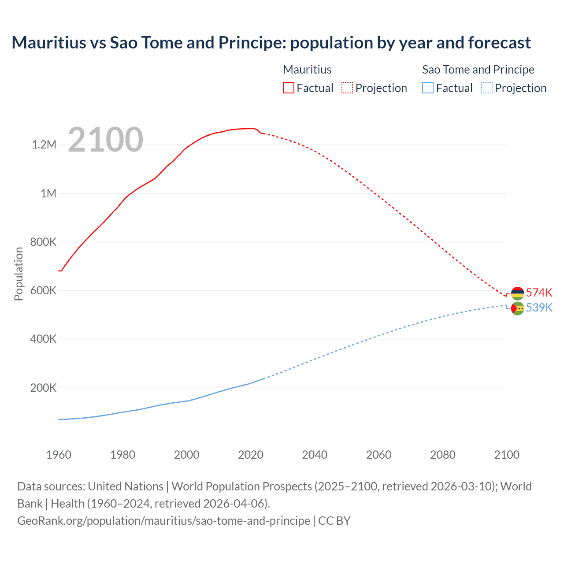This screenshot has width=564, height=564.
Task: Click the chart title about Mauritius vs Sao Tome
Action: point(271,43)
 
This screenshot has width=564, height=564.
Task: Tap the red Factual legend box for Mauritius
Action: point(288,88)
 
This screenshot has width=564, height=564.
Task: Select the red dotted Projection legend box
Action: point(347,88)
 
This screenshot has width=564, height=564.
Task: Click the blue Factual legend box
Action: point(427,88)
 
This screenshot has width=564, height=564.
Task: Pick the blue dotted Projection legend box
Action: point(487,88)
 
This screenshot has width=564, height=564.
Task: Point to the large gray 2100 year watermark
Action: point(105,140)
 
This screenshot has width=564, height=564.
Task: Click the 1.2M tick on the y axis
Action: point(44,145)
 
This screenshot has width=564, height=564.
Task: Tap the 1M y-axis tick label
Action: point(48,193)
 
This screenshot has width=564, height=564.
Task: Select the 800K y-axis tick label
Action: point(43,242)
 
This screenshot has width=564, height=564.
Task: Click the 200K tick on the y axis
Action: point(43,388)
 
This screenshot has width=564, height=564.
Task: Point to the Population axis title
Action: point(19,274)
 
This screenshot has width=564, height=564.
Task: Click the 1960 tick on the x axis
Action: point(59,455)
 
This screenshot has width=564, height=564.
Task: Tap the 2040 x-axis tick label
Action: point(315,455)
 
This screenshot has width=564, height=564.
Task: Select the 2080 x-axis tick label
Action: point(443,455)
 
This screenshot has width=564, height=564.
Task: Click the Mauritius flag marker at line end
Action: point(517,293)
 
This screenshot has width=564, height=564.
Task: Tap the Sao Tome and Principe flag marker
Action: point(517,308)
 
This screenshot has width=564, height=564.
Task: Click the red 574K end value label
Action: point(539,293)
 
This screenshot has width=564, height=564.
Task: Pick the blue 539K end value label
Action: point(539,308)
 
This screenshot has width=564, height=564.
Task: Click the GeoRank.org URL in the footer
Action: point(163,520)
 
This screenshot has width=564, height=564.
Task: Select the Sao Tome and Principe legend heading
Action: point(478,70)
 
